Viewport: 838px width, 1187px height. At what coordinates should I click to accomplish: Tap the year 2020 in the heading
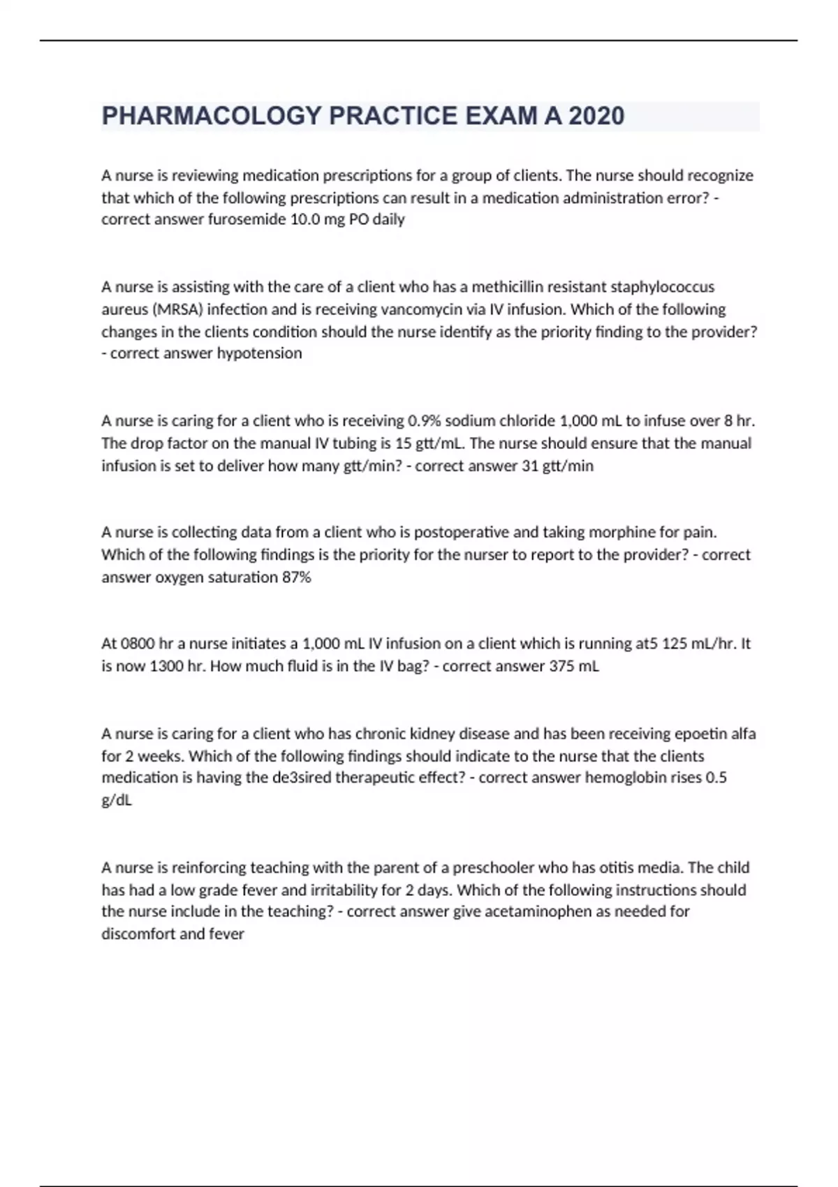pyautogui.click(x=596, y=116)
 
